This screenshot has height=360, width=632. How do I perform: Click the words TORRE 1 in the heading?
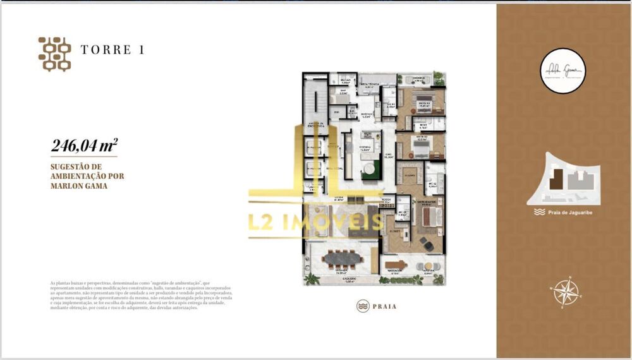point(112,50)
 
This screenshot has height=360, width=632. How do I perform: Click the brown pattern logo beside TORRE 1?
point(54,54)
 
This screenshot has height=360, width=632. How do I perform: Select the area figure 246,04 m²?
point(84,147)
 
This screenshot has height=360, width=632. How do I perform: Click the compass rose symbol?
point(566,292)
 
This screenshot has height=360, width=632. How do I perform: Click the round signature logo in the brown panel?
point(563,72)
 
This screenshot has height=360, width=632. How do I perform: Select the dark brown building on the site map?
point(555,180)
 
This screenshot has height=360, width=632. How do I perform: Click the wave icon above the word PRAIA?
point(362,306)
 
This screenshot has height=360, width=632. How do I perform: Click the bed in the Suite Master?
point(430,217)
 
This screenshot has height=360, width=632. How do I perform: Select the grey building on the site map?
point(577,182)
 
